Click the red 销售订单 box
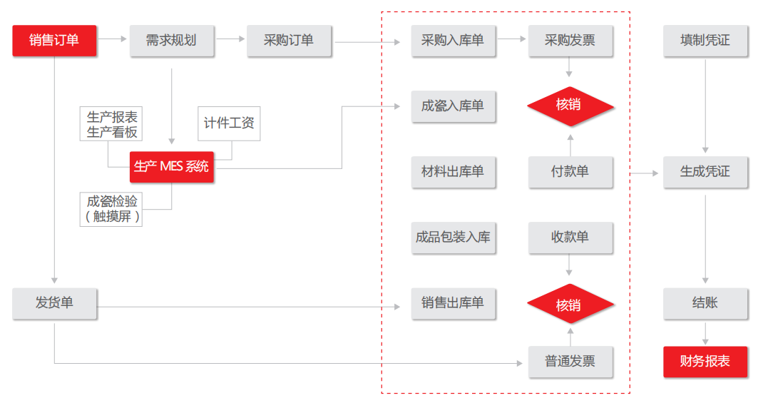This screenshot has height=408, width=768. (54, 41)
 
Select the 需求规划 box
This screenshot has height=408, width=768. (172, 41)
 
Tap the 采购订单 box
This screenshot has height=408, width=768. (289, 41)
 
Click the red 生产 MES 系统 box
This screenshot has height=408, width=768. (171, 167)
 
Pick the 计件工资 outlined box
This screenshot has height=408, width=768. (229, 123)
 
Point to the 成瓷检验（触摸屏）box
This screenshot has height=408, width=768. (111, 209)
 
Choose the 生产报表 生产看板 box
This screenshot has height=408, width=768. (111, 124)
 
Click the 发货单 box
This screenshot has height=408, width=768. (54, 304)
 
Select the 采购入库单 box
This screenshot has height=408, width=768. (453, 41)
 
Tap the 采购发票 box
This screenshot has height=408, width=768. (570, 41)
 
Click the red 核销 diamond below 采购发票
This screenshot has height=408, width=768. (570, 106)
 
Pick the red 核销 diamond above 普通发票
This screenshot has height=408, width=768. (570, 304)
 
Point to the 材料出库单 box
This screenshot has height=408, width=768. (453, 172)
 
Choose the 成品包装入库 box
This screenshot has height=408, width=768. (453, 238)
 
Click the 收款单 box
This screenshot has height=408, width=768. (570, 238)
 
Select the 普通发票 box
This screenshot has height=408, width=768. (570, 362)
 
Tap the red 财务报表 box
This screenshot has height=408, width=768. (705, 362)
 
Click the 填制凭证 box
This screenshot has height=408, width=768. (705, 41)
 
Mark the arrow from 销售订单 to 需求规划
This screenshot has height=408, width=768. (113, 39)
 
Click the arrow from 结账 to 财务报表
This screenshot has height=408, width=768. (705, 334)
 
